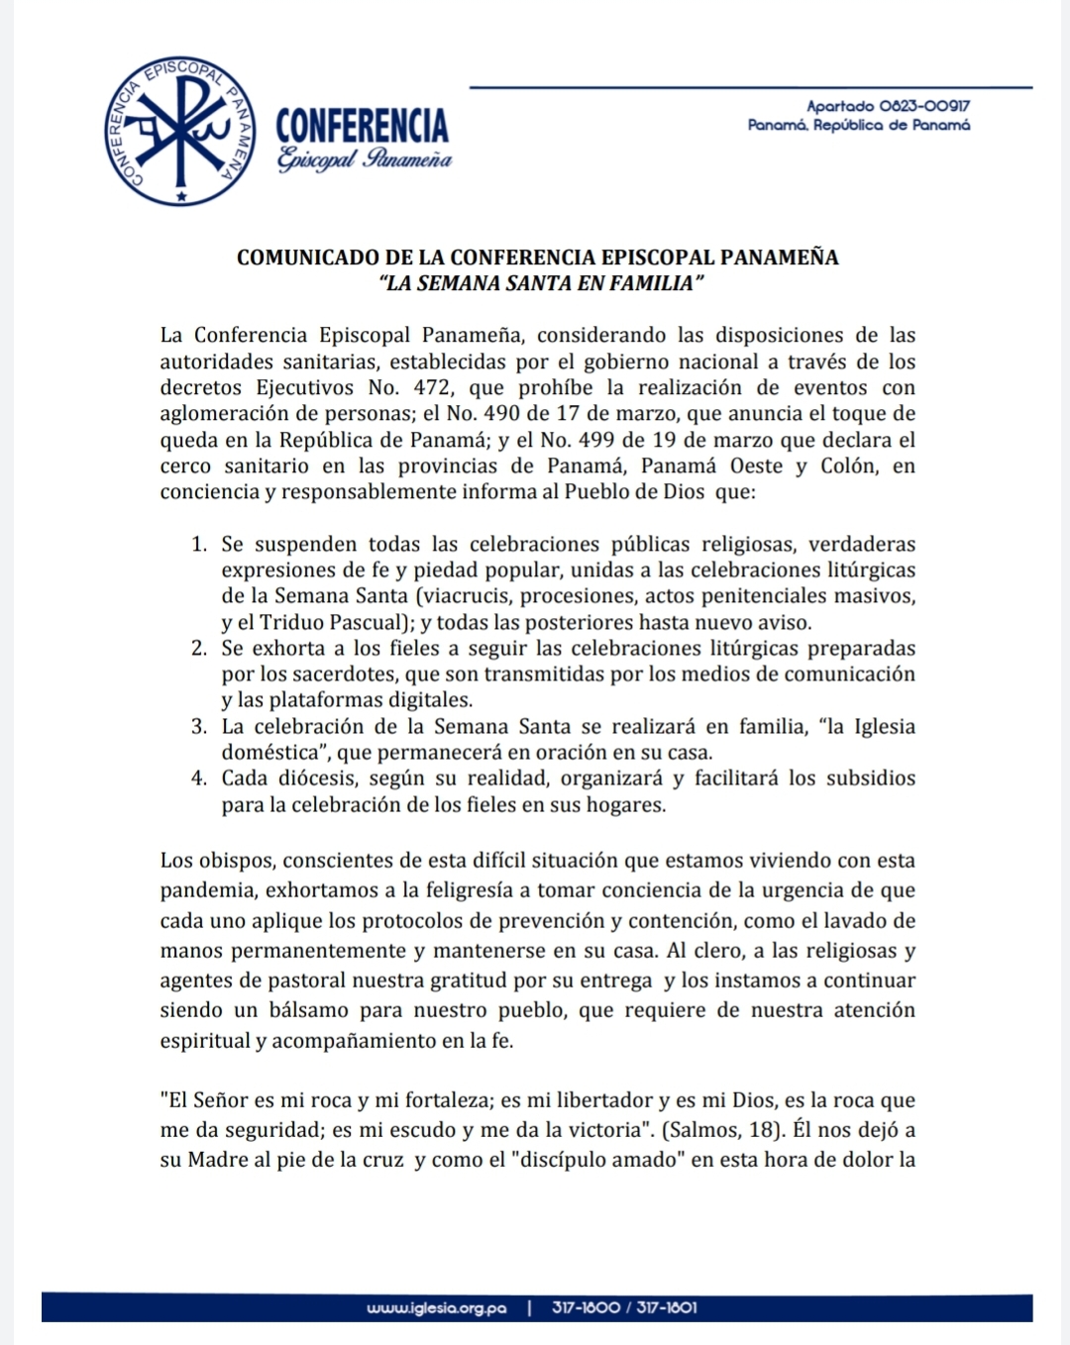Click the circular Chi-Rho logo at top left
(x=179, y=132)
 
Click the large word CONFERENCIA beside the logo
(x=362, y=126)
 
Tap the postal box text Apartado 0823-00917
(x=888, y=106)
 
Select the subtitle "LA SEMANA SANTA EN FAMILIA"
(x=541, y=283)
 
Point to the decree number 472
(x=432, y=388)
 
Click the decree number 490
(x=502, y=414)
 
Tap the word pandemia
(x=206, y=891)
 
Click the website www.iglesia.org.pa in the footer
(x=436, y=1308)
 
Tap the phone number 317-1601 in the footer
(x=667, y=1308)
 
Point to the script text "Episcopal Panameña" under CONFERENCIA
(x=364, y=159)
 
